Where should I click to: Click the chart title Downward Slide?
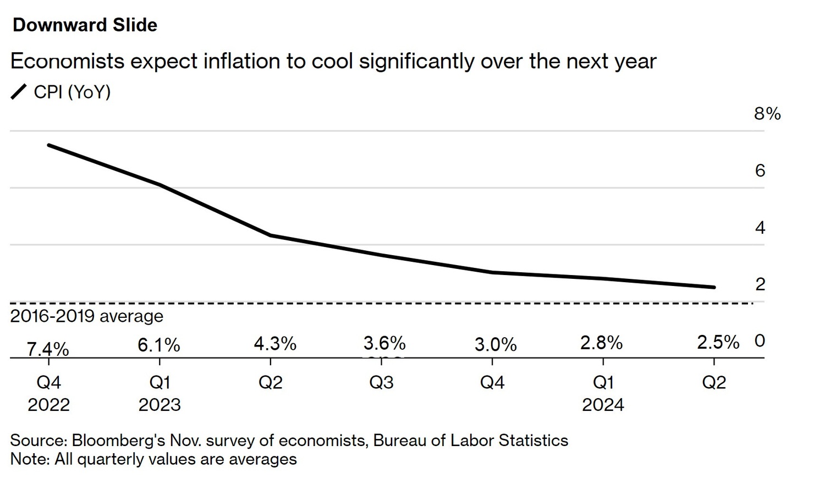coord(85,25)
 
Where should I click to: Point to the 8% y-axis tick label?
coord(767,114)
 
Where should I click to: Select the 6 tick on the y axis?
coord(760,171)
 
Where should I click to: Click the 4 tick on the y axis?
coord(760,228)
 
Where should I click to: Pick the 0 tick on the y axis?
coord(760,341)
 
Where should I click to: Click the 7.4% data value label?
coord(48,349)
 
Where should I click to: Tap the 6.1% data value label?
coord(159,345)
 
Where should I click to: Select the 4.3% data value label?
coord(275,344)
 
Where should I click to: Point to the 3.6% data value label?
coord(384,343)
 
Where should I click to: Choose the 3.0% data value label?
coord(496,345)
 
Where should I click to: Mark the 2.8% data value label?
coord(601,343)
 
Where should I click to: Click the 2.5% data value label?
coord(718,342)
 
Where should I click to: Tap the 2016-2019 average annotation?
coord(87,316)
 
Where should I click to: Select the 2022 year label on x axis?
coord(49,405)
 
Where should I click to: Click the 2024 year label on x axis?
coord(603,405)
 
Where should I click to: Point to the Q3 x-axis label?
coord(381,382)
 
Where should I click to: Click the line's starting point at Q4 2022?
coord(49,145)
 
